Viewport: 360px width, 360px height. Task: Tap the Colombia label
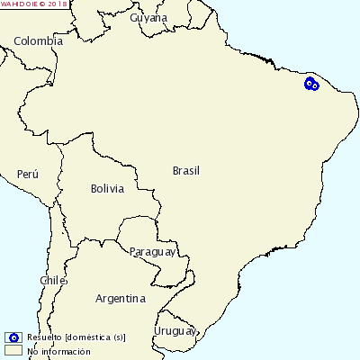[x=39, y=41]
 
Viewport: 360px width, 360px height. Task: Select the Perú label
[x=28, y=174]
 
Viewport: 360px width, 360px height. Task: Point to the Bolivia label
[x=106, y=189]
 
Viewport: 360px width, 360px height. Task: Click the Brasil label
[x=186, y=170]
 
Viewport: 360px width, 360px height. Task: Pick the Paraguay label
[x=151, y=251]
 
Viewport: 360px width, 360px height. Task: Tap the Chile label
[x=53, y=281]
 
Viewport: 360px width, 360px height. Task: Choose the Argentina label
[x=121, y=299]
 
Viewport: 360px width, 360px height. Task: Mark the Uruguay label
[x=175, y=331]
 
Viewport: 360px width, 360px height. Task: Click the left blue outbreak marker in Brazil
[x=309, y=83]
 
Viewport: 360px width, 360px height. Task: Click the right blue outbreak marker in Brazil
[x=315, y=86]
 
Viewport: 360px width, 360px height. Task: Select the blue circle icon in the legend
[x=13, y=337]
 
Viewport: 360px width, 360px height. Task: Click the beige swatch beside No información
[x=13, y=350]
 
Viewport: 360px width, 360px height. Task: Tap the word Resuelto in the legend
[x=44, y=337]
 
